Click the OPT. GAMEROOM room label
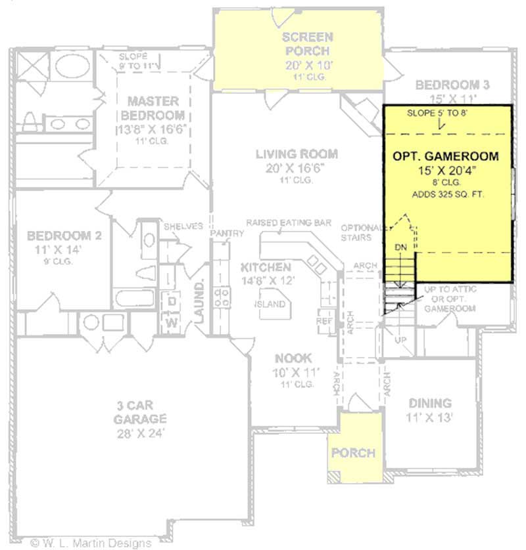[445, 157]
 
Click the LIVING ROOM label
[297, 154]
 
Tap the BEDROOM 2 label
[64, 236]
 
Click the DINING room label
[431, 403]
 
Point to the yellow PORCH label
[353, 453]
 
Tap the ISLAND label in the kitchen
[272, 304]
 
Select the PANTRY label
[222, 234]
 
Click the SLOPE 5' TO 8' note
[437, 114]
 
